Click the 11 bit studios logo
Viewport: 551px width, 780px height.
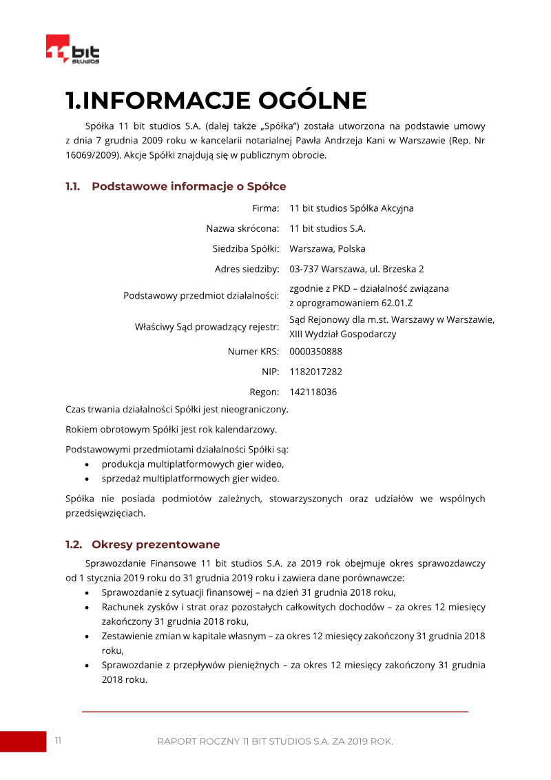(72, 50)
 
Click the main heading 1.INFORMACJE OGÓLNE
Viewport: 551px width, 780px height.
(216, 101)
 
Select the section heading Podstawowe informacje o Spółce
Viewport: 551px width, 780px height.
(189, 186)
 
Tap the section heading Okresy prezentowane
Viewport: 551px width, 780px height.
(156, 544)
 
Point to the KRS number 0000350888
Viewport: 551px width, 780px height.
(315, 352)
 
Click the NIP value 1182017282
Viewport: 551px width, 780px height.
(315, 372)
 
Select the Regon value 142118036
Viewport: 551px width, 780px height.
(313, 392)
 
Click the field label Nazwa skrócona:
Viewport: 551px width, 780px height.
(242, 228)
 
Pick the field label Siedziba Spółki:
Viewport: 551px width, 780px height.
(245, 249)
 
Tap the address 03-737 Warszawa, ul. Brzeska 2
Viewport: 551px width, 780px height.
(356, 269)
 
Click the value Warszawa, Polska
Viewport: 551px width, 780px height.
(327, 249)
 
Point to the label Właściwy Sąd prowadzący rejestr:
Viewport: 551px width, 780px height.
(207, 327)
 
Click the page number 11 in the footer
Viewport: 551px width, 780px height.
(59, 741)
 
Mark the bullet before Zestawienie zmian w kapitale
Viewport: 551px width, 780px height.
(86, 637)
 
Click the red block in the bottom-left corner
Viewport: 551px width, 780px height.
(22, 741)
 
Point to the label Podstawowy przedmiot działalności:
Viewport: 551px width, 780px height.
(201, 296)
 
